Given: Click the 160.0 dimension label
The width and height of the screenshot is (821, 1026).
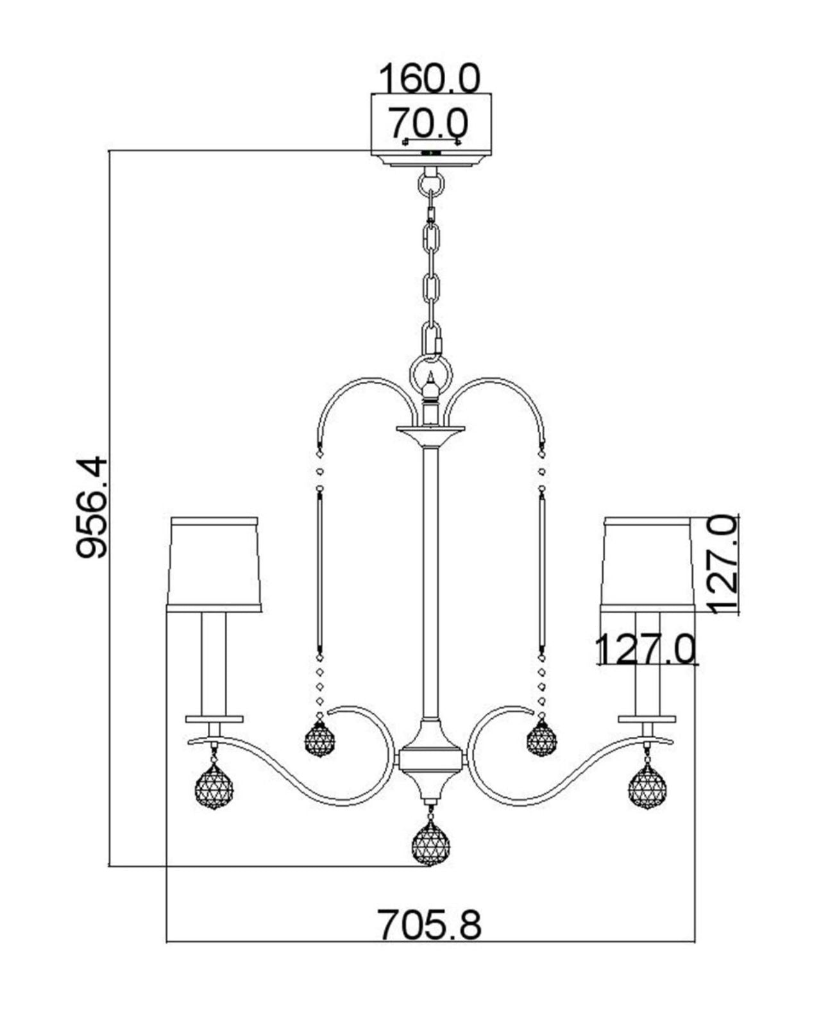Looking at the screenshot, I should (429, 79).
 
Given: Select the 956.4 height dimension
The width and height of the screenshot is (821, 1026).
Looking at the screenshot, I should (91, 507).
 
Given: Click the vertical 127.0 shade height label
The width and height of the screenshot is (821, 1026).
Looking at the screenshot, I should (724, 564).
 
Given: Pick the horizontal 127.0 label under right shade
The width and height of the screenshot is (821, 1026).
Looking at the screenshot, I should (646, 649).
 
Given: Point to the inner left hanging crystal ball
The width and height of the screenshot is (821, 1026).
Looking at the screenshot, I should (319, 739).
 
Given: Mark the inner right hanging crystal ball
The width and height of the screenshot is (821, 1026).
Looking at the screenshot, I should (541, 739).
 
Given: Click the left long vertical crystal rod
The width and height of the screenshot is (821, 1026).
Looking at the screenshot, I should (319, 571).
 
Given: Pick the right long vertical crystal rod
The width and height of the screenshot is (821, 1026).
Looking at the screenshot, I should (542, 571).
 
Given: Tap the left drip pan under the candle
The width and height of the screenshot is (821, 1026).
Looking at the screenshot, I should (214, 719).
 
